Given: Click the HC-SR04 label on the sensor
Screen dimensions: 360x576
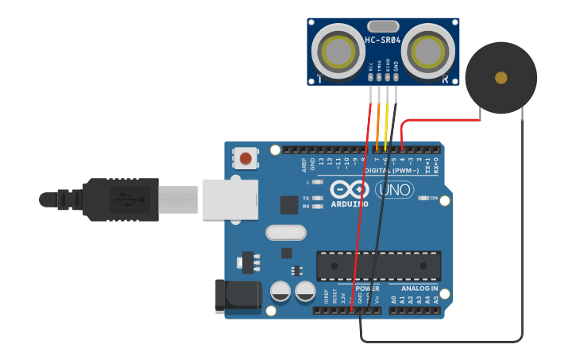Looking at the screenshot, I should click(x=382, y=41).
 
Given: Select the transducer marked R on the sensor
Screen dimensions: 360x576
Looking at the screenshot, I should click(x=428, y=52).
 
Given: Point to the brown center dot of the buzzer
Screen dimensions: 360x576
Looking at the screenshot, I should click(x=501, y=78).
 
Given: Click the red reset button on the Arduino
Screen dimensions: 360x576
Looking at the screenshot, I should click(x=245, y=158).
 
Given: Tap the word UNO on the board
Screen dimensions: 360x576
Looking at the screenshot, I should click(x=394, y=191).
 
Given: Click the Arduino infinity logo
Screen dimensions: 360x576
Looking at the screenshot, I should click(x=350, y=190).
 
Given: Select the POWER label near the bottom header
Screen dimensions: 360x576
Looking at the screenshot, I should click(x=367, y=288).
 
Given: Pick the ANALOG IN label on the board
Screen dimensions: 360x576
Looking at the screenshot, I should click(x=419, y=288).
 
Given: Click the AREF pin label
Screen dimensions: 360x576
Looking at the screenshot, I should click(x=304, y=164).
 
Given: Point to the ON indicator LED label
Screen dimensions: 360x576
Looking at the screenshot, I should click(x=434, y=198).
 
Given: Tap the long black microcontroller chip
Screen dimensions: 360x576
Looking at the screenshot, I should click(x=379, y=265).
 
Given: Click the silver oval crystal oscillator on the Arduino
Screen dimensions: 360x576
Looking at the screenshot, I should click(x=285, y=232).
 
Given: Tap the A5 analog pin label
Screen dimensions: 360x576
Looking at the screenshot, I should click(x=436, y=300).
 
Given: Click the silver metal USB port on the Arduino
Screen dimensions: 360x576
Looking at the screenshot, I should click(x=230, y=199).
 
